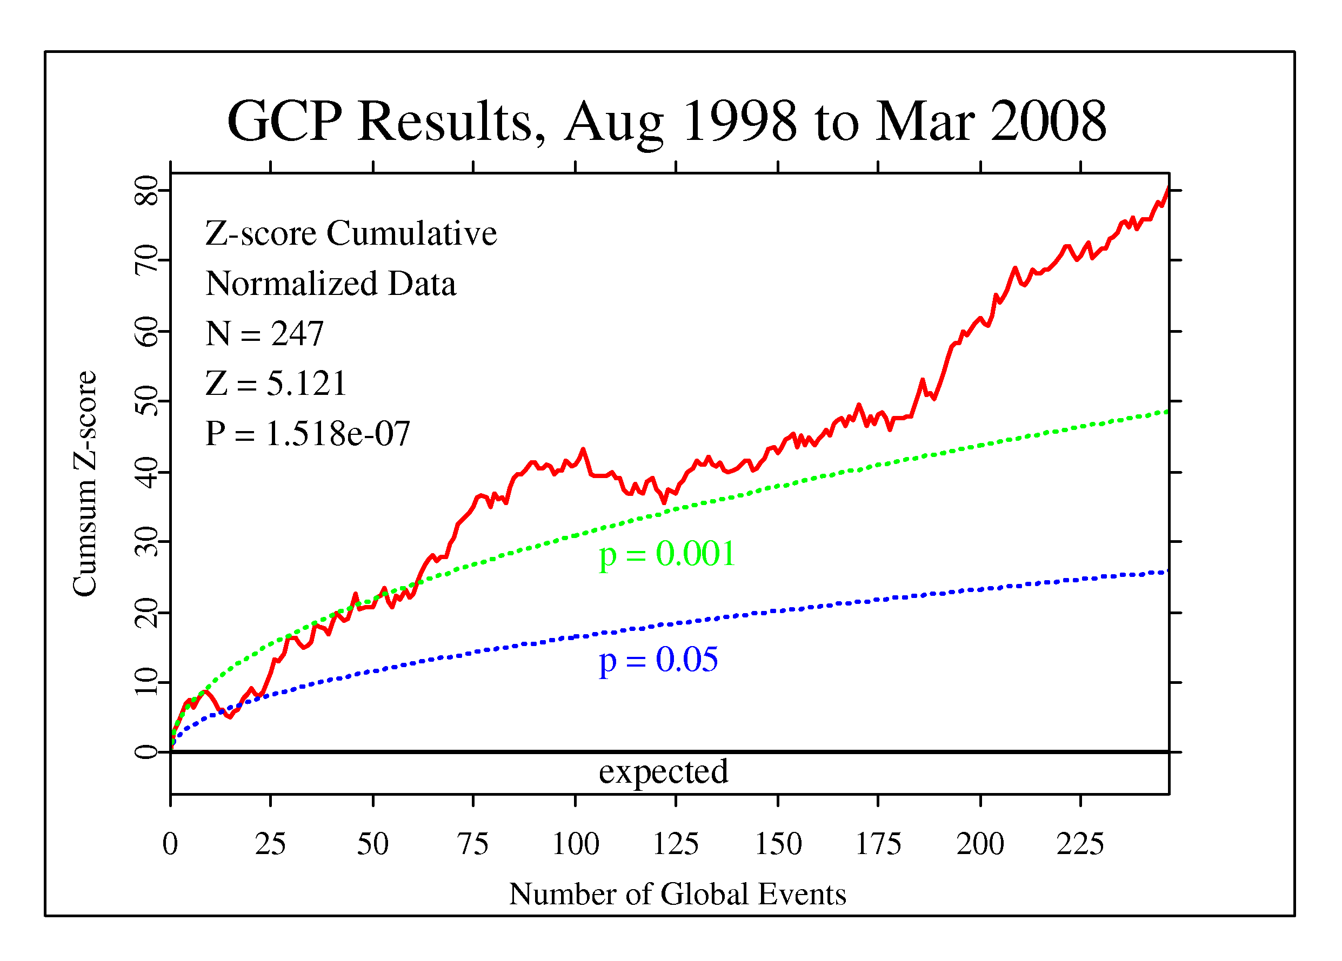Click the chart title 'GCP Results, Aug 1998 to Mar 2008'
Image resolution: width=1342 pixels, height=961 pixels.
pyautogui.click(x=666, y=121)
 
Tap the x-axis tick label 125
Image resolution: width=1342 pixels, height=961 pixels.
pyautogui.click(x=675, y=844)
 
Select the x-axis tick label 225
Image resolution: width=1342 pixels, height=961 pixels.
pyautogui.click(x=1080, y=844)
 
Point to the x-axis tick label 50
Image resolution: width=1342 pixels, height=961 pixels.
pyautogui.click(x=372, y=844)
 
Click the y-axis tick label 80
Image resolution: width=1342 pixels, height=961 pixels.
pyautogui.click(x=146, y=191)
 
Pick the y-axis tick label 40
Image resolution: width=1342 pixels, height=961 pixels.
pyautogui.click(x=146, y=473)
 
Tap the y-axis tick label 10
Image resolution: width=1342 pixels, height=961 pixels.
pyautogui.click(x=146, y=682)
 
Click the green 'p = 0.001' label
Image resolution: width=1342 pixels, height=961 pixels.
pyautogui.click(x=667, y=555)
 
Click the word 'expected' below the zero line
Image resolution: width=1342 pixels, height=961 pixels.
pyautogui.click(x=663, y=772)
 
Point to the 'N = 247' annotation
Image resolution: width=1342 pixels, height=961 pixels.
pyautogui.click(x=264, y=333)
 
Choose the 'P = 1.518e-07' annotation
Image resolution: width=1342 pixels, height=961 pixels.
pyautogui.click(x=308, y=433)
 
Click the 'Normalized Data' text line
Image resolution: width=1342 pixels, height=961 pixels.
pyautogui.click(x=331, y=283)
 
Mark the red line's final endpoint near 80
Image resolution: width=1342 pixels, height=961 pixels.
pyautogui.click(x=1167, y=189)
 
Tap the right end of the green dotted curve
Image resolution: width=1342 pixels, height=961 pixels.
pyautogui.click(x=1166, y=411)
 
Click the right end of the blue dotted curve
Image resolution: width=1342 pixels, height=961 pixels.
pyautogui.click(x=1166, y=572)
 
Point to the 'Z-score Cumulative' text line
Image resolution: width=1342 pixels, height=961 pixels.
pyautogui.click(x=351, y=233)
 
